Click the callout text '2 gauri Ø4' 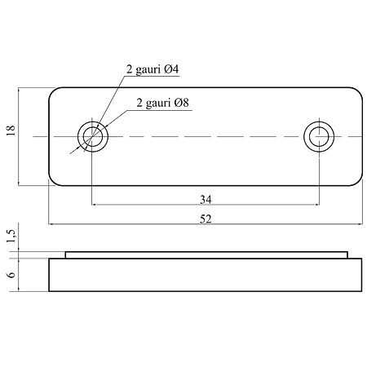153,69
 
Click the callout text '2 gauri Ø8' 162,103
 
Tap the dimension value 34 206,200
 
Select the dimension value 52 206,219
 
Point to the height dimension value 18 11,130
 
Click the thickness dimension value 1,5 11,236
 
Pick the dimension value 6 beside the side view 11,275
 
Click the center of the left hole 93,136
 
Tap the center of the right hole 319,136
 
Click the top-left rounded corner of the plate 51,91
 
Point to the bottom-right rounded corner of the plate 360,183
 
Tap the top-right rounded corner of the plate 360,91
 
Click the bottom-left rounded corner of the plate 51,183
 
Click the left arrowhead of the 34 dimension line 94,205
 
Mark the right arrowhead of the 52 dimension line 360,224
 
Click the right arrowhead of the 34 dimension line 317,205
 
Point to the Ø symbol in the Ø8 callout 178,103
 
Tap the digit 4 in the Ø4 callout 175,69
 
